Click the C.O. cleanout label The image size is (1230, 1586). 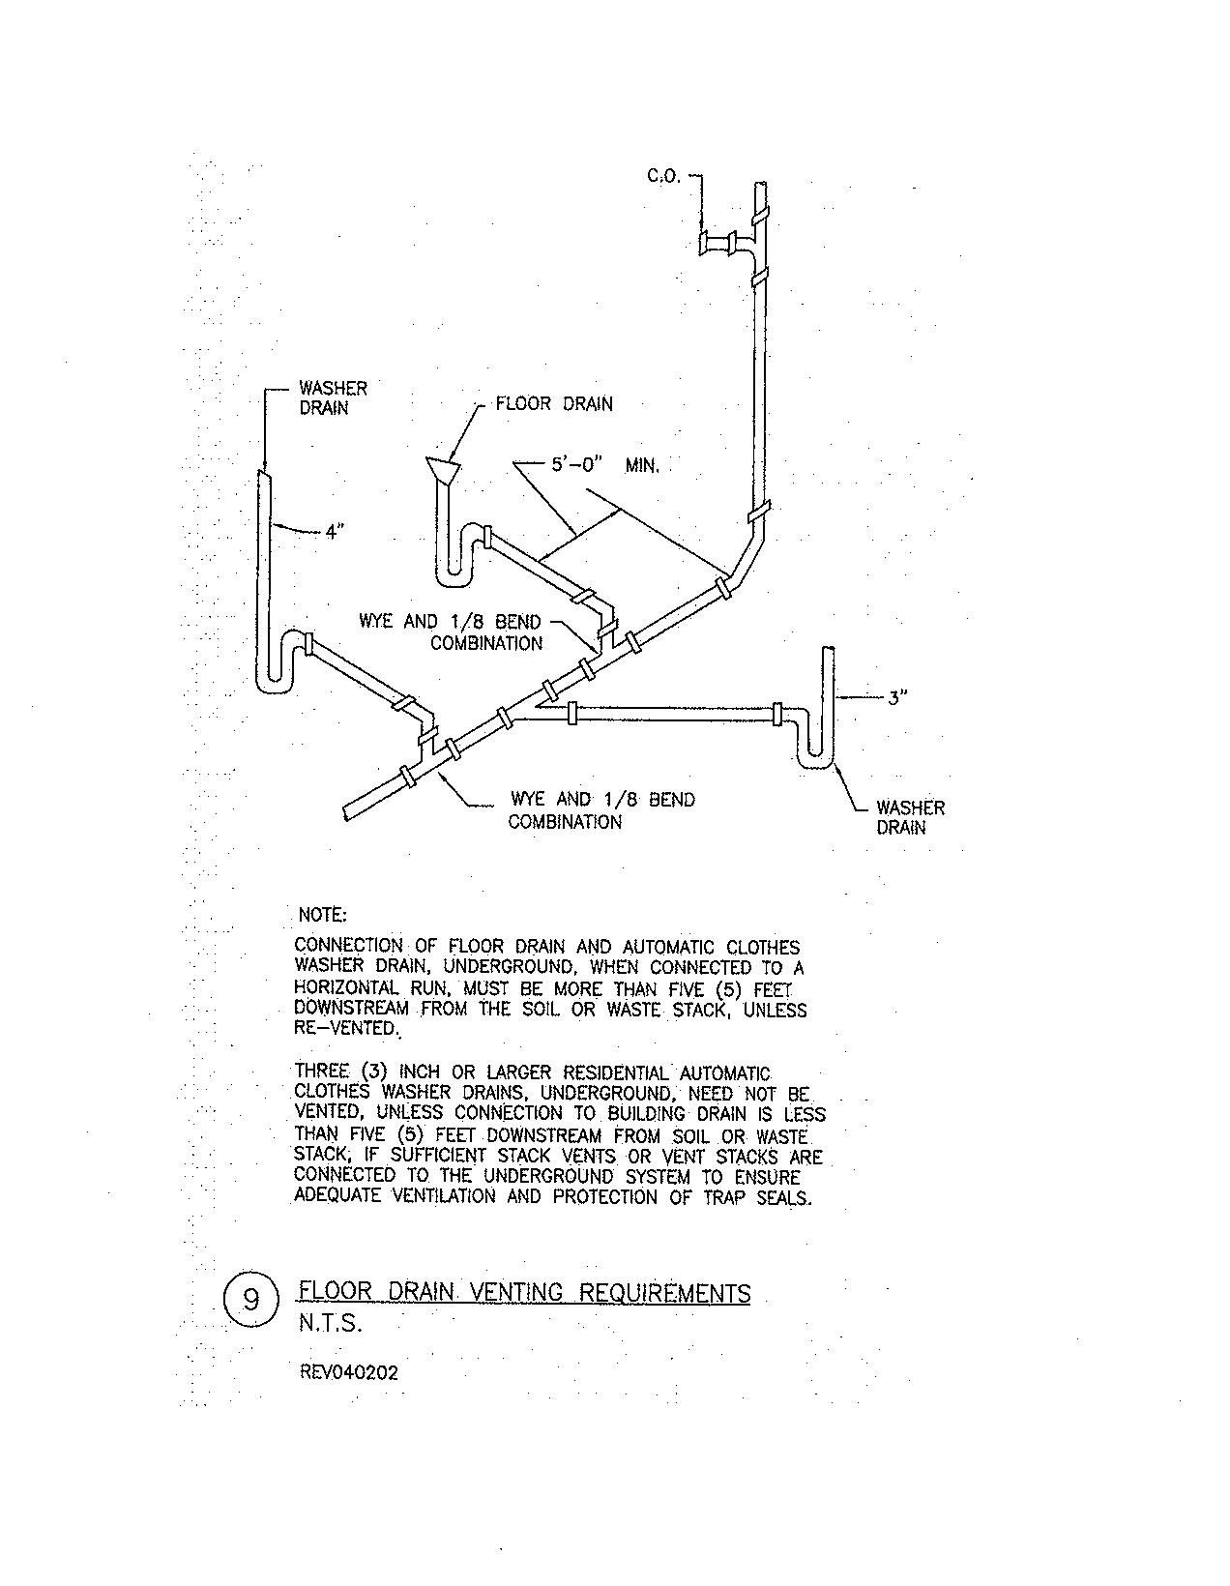coord(663,177)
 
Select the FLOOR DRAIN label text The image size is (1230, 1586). coord(553,403)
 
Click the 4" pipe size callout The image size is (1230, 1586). coord(335,531)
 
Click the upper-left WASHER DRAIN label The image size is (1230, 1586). coord(333,397)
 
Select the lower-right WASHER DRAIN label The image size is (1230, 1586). coord(910,817)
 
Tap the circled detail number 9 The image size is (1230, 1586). coord(250,1299)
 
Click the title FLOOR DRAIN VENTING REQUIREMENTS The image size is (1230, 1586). coord(524,1293)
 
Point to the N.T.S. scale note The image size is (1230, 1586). coord(330,1325)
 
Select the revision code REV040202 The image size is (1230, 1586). coord(348,1371)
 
